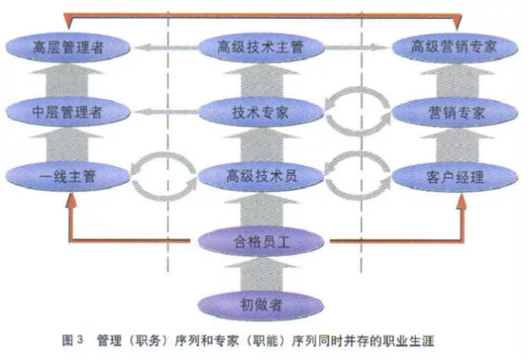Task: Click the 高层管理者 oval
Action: pyautogui.click(x=68, y=47)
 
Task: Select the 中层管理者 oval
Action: pyautogui.click(x=68, y=112)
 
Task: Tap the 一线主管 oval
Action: pyautogui.click(x=68, y=176)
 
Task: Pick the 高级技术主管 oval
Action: pyautogui.click(x=261, y=47)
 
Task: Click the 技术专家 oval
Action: pyautogui.click(x=261, y=112)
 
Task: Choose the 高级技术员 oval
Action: pyautogui.click(x=261, y=176)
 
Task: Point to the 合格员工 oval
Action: pyautogui.click(x=261, y=241)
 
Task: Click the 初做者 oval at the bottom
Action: pyautogui.click(x=261, y=305)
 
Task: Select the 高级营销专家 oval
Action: pyautogui.click(x=455, y=47)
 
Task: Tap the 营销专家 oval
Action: pyautogui.click(x=455, y=112)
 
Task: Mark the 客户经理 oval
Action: pyautogui.click(x=455, y=176)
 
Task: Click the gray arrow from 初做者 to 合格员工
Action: pyautogui.click(x=261, y=275)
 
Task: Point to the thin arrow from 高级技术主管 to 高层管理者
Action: pyautogui.click(x=166, y=47)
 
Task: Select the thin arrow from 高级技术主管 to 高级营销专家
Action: pyautogui.click(x=357, y=47)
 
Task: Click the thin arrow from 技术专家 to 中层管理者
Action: pyautogui.click(x=166, y=112)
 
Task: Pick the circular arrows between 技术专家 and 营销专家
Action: pyautogui.click(x=357, y=89)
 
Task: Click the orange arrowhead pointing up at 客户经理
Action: pyautogui.click(x=462, y=200)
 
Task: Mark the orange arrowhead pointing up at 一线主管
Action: pyautogui.click(x=71, y=200)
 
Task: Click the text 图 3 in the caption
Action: pyautogui.click(x=73, y=340)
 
